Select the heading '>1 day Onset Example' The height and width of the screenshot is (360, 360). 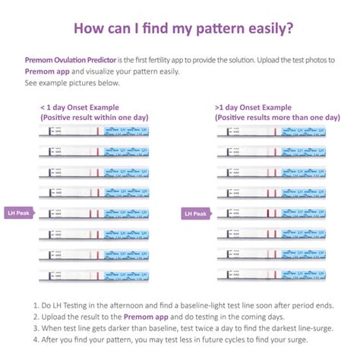pyautogui.click(x=254, y=108)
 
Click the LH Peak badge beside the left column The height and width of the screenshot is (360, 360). pyautogui.click(x=20, y=213)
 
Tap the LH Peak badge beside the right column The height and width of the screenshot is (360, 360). pyautogui.click(x=195, y=213)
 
